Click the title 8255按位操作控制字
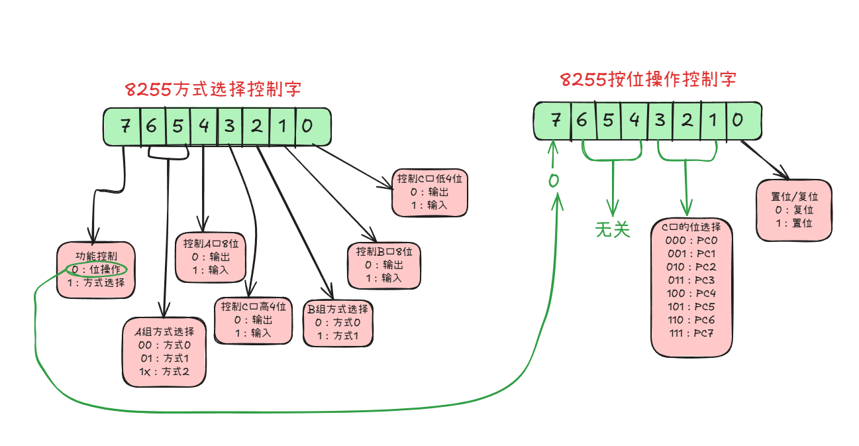pos(648,80)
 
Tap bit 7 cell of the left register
pos(125,126)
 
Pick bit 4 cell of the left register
pos(203,126)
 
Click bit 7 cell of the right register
pos(556,120)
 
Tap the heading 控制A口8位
pos(209,243)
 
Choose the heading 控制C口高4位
pos(254,307)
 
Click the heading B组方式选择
pos(337,309)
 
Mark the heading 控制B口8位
pos(383,252)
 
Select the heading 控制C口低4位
pos(429,179)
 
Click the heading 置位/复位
pos(794,197)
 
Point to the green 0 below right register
pos(554,180)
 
